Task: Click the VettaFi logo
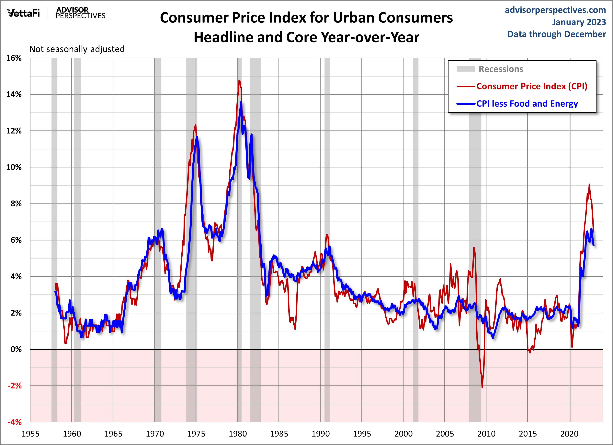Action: (x=24, y=13)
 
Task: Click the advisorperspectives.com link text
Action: (x=555, y=10)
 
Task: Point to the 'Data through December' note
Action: (x=557, y=34)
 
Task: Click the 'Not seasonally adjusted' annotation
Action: (x=77, y=49)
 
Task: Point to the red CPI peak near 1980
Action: (x=239, y=81)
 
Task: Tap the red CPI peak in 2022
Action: (x=589, y=185)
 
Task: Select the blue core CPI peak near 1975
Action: (x=197, y=137)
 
